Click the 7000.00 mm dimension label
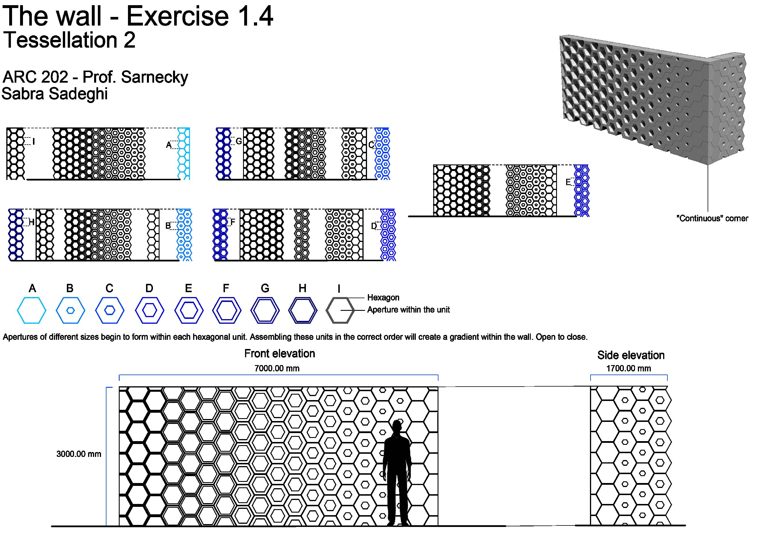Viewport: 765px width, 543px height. coord(277,369)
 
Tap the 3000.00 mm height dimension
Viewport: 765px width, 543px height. coord(79,454)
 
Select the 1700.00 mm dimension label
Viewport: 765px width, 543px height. coord(628,369)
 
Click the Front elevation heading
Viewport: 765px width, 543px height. coord(279,353)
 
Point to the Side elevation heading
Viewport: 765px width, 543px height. coord(631,355)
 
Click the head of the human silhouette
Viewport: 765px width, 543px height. coord(396,426)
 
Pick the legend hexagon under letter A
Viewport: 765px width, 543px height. coord(31,310)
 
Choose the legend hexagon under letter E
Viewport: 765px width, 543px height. coord(189,310)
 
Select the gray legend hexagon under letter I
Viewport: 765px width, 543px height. coord(340,310)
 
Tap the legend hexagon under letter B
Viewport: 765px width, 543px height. coord(70,310)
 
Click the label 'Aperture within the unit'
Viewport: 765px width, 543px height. coord(408,310)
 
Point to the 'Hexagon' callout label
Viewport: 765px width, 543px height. coord(383,298)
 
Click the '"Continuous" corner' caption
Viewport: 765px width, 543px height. coord(712,218)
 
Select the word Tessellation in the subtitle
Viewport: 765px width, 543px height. coord(60,40)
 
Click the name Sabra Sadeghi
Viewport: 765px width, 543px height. coord(55,94)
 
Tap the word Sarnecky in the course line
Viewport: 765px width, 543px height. coord(154,77)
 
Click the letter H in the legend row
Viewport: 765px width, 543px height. coord(302,288)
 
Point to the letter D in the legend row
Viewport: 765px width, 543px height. coord(149,288)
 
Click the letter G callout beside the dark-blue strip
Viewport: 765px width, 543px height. coord(239,141)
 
